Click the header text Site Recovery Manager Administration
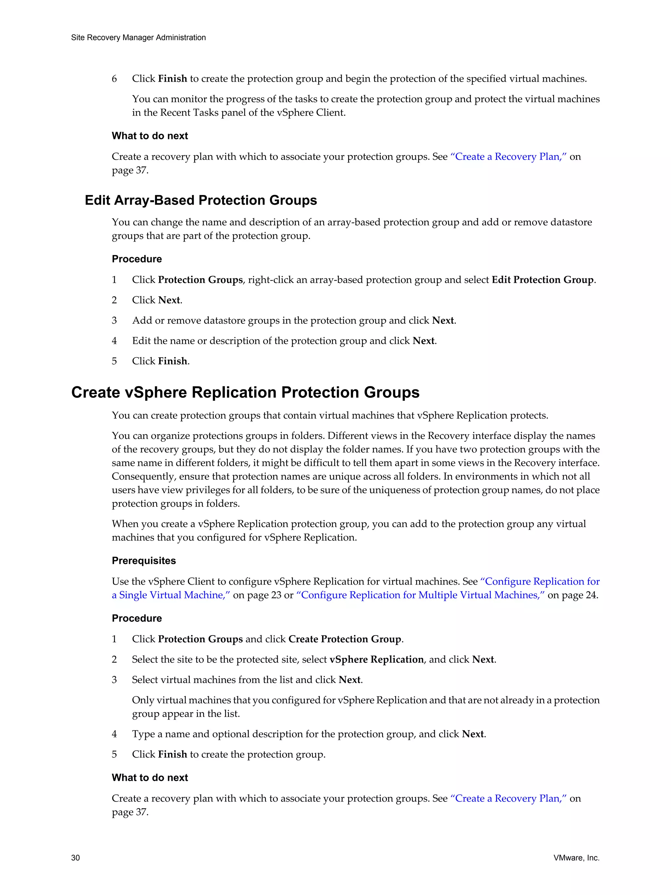pos(138,38)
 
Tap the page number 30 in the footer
pos(76,858)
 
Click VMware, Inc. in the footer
pos(576,858)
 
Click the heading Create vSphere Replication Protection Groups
pos(245,393)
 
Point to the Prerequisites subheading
pos(144,561)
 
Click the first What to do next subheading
pos(150,136)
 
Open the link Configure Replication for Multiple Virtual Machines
pos(421,595)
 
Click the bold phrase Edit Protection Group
pos(542,280)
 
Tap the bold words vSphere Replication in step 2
pos(376,659)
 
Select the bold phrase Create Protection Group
pos(345,639)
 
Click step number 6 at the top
pos(114,79)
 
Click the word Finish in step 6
pos(172,79)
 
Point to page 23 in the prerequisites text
pos(264,595)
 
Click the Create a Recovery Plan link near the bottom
pos(508,799)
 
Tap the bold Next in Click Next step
pos(169,300)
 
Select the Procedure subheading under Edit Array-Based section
pos(137,259)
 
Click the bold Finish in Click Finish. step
pos(172,361)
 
